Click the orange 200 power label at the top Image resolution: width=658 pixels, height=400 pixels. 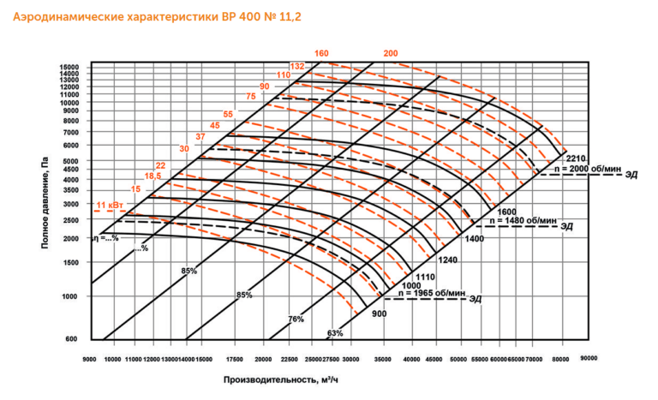tap(391, 54)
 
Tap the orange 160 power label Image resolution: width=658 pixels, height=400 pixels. tap(322, 54)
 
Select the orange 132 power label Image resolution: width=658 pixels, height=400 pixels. tap(297, 66)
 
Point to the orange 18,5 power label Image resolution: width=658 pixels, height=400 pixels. tap(153, 176)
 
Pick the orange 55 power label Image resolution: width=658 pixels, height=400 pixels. tap(228, 114)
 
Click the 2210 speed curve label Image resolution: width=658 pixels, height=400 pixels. tap(575, 158)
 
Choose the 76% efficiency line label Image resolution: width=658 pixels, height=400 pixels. tap(296, 319)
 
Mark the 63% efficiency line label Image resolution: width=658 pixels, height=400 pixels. tap(335, 332)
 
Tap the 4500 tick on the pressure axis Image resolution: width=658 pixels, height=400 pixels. tap(69, 169)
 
